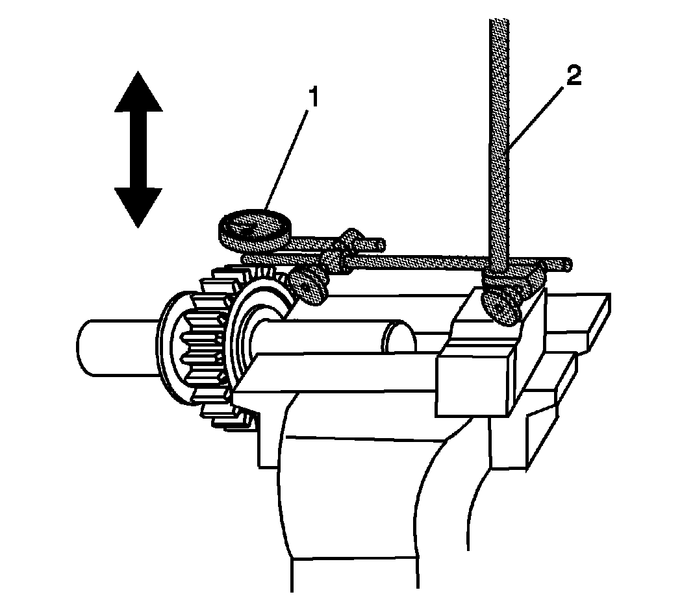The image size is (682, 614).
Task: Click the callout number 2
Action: pyautogui.click(x=574, y=77)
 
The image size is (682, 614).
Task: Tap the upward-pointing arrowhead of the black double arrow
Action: pyautogui.click(x=138, y=92)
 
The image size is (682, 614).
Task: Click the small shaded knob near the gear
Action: pyautogui.click(x=308, y=288)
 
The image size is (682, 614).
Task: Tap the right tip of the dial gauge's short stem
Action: pyautogui.click(x=383, y=244)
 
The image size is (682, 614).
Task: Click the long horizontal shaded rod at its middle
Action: pyautogui.click(x=407, y=262)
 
